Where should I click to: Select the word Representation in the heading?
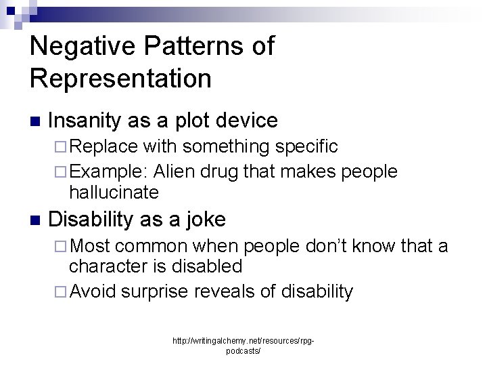coord(120,78)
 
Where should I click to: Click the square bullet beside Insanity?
coord(35,122)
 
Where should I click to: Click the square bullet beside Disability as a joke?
coord(35,220)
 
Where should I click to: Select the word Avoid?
coord(93,291)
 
